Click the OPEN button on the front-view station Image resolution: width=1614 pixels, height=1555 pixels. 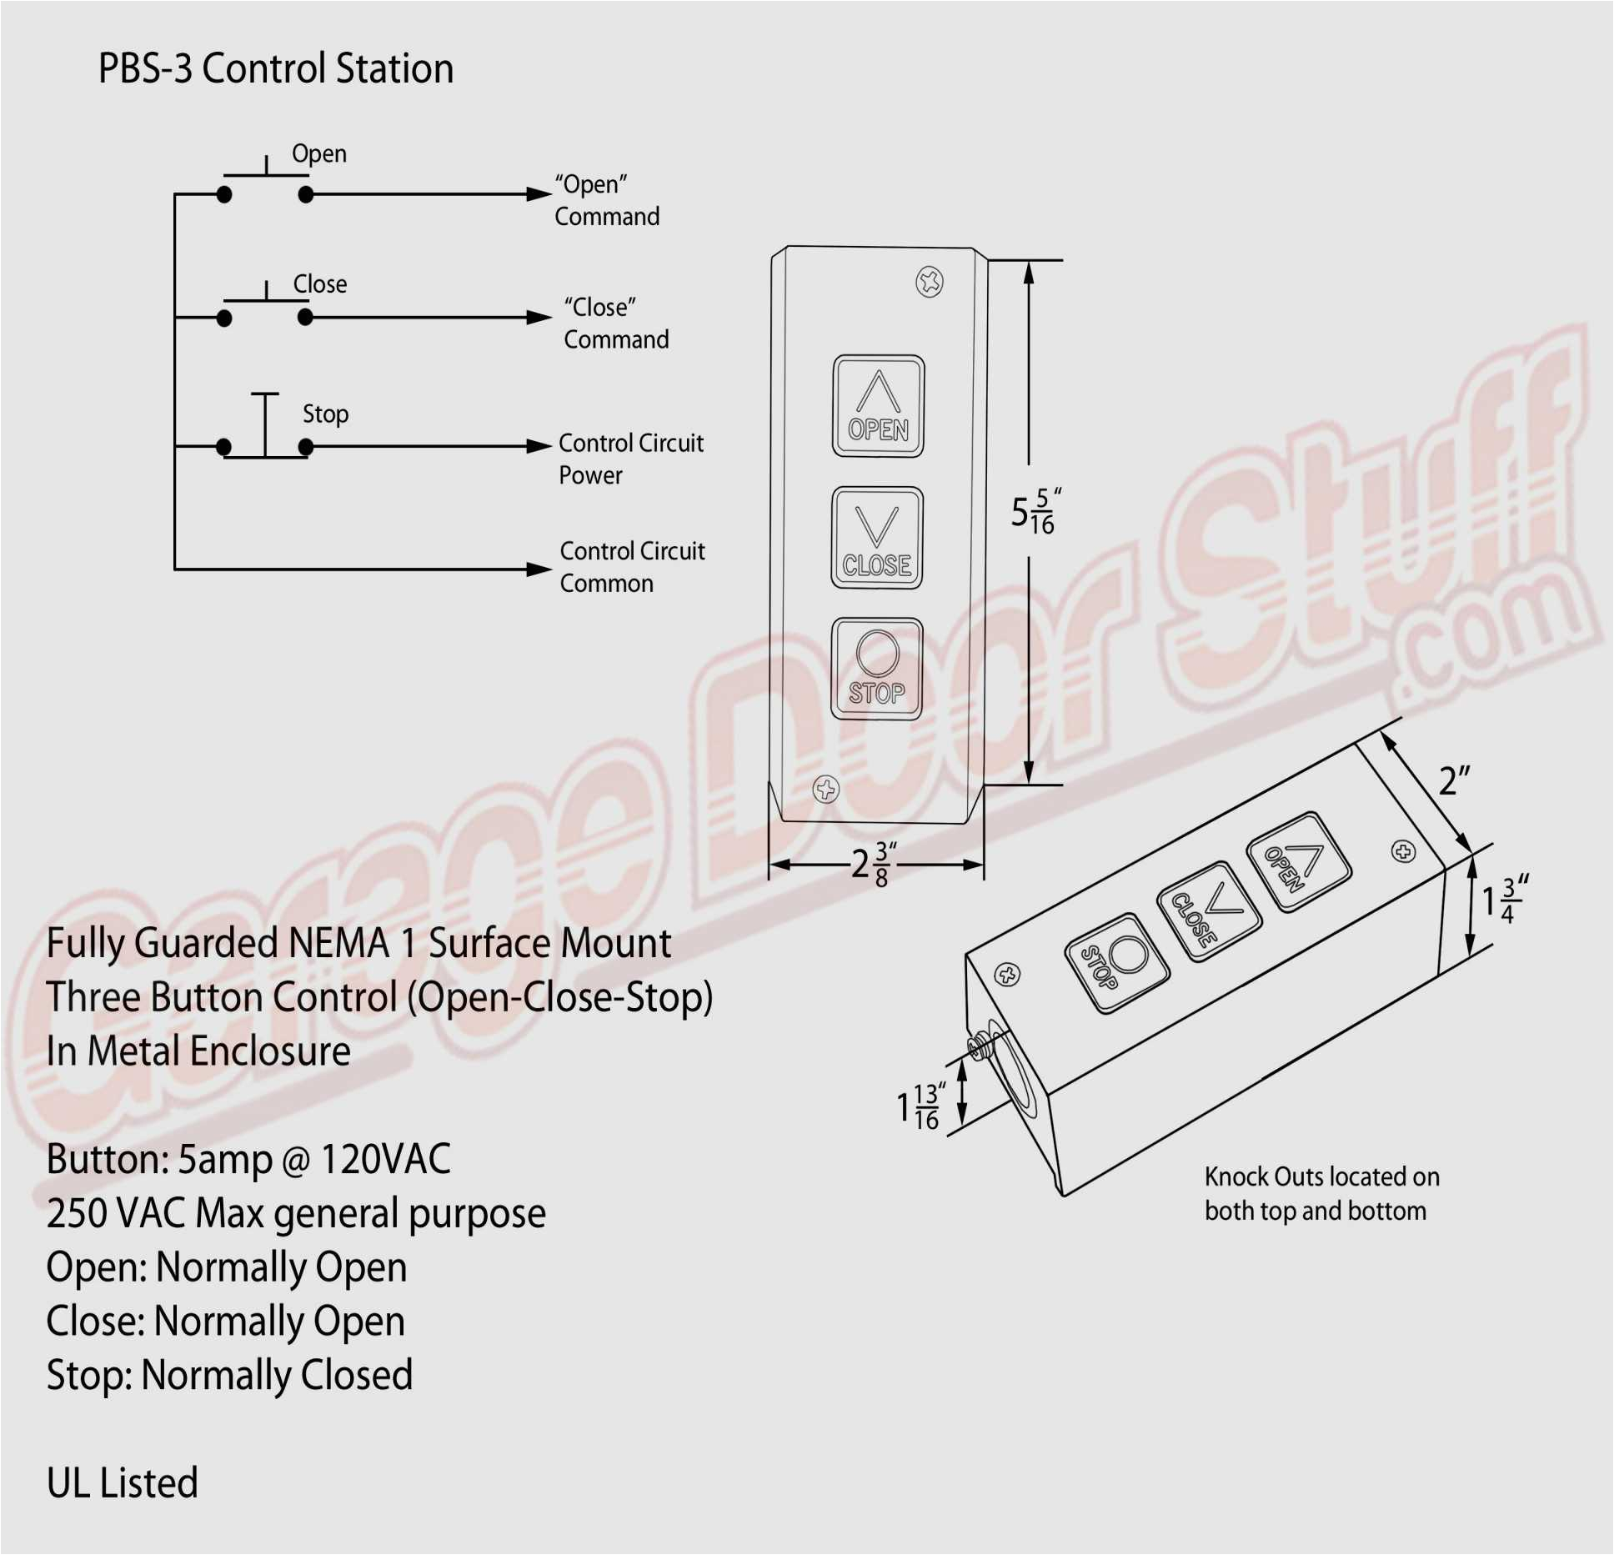point(878,406)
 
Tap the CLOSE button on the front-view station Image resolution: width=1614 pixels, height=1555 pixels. point(877,538)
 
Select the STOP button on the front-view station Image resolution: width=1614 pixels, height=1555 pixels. point(876,669)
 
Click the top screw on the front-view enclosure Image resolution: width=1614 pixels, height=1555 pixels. point(930,283)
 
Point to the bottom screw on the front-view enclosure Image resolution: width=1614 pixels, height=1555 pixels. point(825,789)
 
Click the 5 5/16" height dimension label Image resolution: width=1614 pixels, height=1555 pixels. point(1034,511)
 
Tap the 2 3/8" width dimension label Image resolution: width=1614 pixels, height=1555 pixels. point(874,864)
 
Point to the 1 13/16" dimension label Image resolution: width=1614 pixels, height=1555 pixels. point(919,1106)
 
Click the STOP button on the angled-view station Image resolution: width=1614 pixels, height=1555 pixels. point(1117,963)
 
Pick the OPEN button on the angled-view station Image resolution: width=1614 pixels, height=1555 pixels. point(1298,862)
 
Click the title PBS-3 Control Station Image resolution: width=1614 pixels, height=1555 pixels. point(276,68)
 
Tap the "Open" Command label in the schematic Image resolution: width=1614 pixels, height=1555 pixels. point(607,200)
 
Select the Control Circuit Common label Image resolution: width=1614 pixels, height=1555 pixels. point(632,567)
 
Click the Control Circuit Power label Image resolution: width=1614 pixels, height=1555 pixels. point(630,459)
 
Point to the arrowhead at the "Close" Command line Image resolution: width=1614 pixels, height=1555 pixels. point(539,318)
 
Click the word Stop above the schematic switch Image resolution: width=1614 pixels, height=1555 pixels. point(325,414)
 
